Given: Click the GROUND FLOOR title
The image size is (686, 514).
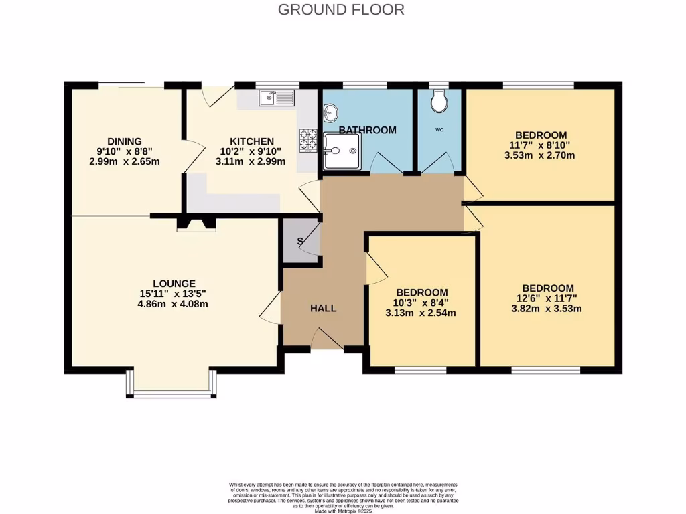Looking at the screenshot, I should (341, 9).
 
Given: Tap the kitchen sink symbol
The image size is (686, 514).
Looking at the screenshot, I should (276, 98).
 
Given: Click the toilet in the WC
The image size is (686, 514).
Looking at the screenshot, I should (440, 101).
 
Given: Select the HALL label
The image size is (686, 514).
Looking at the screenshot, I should (323, 309).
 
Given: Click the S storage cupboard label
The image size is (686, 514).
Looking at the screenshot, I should (300, 242).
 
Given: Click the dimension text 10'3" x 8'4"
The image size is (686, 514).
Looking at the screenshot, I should (421, 303).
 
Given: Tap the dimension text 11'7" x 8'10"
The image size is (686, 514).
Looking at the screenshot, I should (541, 145).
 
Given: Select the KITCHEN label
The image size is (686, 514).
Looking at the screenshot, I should (251, 141).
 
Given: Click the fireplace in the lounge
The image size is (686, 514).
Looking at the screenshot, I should (196, 225).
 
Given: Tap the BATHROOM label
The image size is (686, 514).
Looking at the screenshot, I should (367, 130).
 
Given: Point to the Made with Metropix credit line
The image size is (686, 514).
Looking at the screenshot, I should (344, 510).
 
